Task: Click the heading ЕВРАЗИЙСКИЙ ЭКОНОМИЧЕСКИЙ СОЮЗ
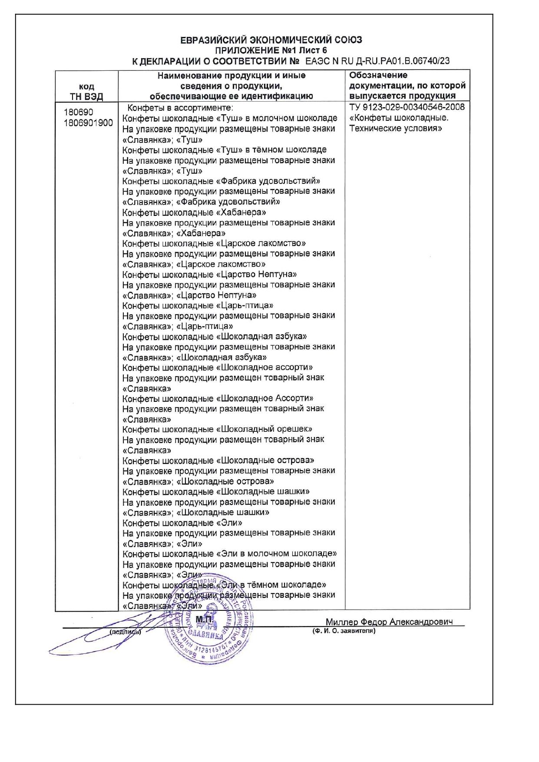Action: pos(271,40)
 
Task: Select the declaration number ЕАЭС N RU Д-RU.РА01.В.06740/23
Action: pos(377,61)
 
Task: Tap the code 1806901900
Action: pos(88,123)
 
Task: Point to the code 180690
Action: pos(78,112)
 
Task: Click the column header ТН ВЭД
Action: pos(86,96)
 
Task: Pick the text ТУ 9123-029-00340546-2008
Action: pos(407,107)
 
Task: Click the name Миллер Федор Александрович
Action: pos(389,622)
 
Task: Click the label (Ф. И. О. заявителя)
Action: pos(344,631)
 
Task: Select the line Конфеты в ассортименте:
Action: pos(180,108)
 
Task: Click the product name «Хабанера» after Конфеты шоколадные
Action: pos(241,212)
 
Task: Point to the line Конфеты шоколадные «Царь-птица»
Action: pos(198,305)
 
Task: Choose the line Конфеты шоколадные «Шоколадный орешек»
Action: pos(217,429)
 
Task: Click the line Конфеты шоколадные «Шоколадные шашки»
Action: pos(216,492)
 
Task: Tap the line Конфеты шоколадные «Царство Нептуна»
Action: pos(209,275)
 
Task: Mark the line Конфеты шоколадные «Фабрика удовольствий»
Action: pos(221,181)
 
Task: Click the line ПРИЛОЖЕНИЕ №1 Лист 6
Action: pos(271,50)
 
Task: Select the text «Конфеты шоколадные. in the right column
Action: pos(399,118)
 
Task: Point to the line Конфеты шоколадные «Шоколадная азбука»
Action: pos(215,337)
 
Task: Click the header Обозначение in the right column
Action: pos(378,75)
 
